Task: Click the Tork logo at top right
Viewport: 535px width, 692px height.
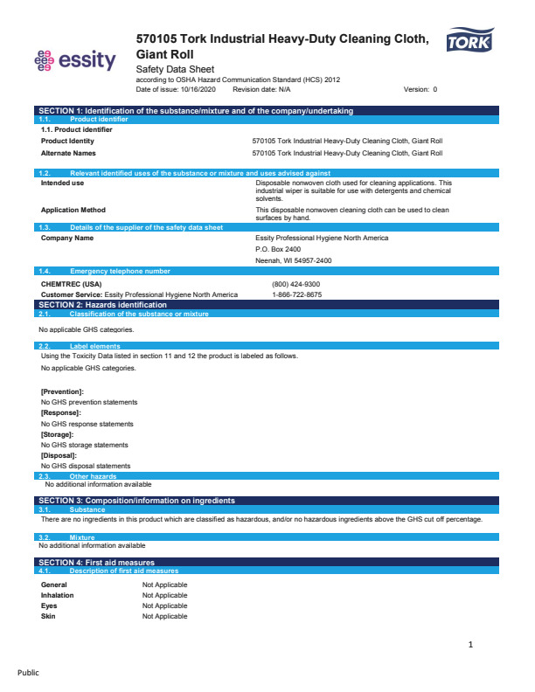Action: [469, 42]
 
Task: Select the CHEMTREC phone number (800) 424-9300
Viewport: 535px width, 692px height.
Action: [296, 284]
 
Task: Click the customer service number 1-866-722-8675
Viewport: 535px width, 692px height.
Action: [297, 294]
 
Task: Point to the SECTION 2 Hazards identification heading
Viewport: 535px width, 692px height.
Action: [101, 304]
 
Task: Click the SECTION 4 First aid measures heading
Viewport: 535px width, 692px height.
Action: [97, 562]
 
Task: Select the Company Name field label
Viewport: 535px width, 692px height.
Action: [67, 238]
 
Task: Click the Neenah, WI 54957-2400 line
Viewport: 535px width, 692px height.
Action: [294, 260]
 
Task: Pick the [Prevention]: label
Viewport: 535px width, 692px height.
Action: [62, 391]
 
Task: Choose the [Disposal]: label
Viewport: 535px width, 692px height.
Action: [59, 455]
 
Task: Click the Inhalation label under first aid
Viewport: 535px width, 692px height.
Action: [58, 595]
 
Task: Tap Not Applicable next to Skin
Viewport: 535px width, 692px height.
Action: [164, 616]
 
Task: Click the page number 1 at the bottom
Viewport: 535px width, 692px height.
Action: [470, 645]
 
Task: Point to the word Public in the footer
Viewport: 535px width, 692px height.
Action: [29, 673]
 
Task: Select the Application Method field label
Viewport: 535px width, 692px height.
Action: [73, 210]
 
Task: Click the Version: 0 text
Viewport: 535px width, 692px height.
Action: [420, 89]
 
